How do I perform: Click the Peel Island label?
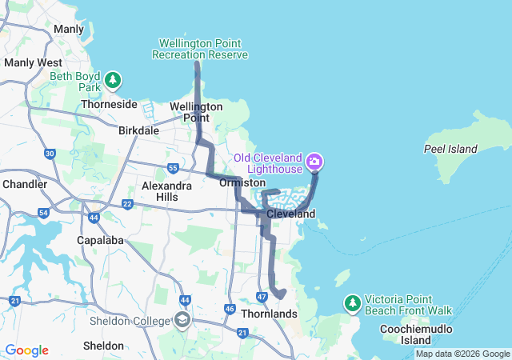point(450,149)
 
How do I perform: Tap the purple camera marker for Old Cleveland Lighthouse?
point(315,162)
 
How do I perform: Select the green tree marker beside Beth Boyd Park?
point(114,80)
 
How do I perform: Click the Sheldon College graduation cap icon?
point(182,321)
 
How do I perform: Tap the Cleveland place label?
point(290,214)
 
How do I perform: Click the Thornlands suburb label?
point(269,314)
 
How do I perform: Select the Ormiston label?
point(242,183)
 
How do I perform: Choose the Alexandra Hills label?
point(166,191)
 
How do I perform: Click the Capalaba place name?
point(103,239)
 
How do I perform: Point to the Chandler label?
point(25,184)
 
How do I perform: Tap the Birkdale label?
point(139,130)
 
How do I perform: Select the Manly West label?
point(33,62)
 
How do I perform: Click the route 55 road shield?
point(173,167)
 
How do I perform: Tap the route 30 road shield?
point(50,154)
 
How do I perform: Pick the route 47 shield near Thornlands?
point(262,297)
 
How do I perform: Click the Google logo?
point(26,350)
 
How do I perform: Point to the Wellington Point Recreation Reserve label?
point(203,49)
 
